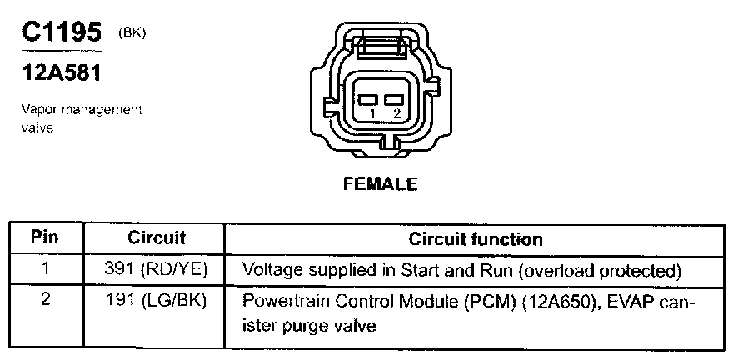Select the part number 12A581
[61, 73]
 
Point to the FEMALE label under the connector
[381, 184]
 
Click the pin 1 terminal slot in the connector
[367, 98]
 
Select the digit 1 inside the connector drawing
[372, 112]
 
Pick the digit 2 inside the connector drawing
[396, 112]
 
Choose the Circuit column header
[157, 237]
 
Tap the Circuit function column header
[476, 239]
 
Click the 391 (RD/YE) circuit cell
[157, 270]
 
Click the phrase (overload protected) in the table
[608, 271]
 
